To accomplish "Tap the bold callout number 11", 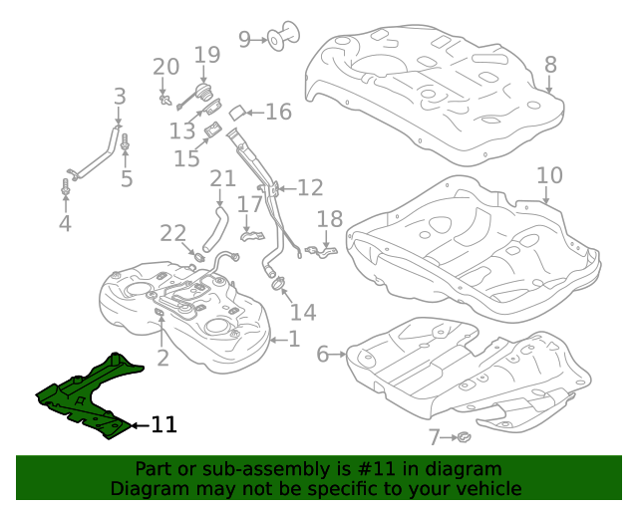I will coord(164,425).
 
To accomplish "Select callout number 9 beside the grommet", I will coord(244,39).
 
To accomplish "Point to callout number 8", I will coord(550,65).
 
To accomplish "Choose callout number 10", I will coord(549,176).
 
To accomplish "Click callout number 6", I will coord(322,354).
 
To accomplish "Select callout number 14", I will coord(303,313).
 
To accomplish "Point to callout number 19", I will coord(206,56).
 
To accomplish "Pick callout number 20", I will coord(165,67).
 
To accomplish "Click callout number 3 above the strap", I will coord(120,97).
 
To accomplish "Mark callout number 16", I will coord(278,112).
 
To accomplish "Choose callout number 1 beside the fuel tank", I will coord(293,340).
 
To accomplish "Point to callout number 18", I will coord(329,220).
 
